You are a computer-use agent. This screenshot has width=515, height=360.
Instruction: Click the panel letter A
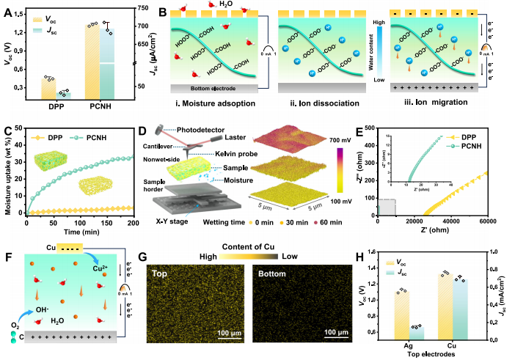pyautogui.click(x=10, y=9)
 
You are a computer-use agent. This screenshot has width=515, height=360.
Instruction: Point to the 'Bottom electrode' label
pyautogui.click(x=198, y=88)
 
